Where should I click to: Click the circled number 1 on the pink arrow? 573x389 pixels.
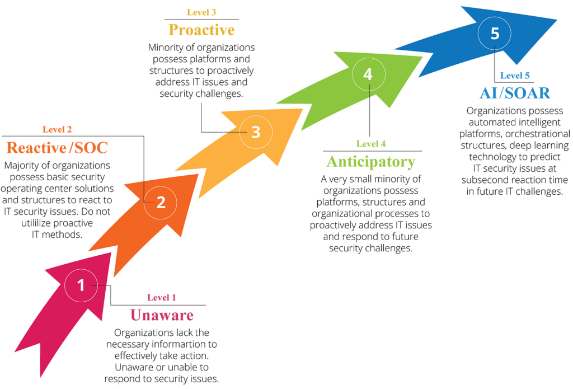click(x=81, y=285)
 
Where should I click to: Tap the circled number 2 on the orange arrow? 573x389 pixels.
click(x=161, y=203)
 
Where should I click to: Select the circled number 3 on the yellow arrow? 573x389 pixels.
click(x=256, y=132)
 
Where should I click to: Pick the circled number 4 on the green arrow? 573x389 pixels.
click(x=368, y=74)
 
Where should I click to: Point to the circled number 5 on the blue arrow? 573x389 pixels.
click(x=495, y=33)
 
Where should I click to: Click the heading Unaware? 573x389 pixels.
click(x=162, y=315)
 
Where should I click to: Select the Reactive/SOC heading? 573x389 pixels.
click(x=57, y=148)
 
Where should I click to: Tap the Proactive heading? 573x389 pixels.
click(x=201, y=30)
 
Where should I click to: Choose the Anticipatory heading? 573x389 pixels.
click(x=371, y=162)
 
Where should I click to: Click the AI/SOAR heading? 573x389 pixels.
click(x=515, y=93)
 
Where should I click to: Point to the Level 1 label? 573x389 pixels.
click(x=162, y=298)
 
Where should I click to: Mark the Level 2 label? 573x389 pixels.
click(x=57, y=129)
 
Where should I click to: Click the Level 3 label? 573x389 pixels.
click(x=201, y=12)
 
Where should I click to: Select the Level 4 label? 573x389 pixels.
click(x=371, y=144)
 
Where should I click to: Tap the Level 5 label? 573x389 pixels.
click(x=515, y=76)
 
